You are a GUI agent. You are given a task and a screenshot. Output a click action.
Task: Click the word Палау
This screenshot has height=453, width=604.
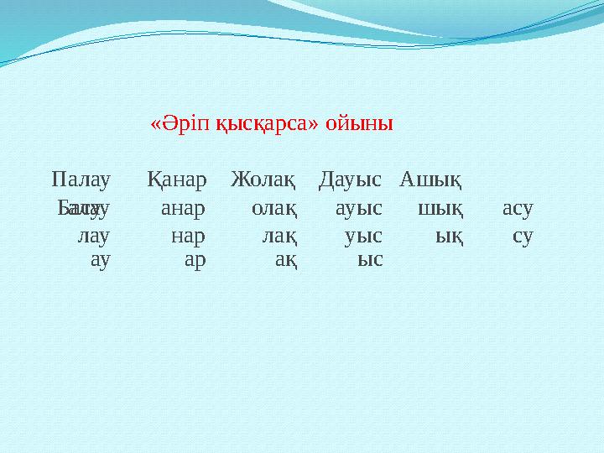coord(81,179)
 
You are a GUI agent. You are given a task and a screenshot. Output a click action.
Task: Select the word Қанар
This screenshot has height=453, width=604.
coord(176,179)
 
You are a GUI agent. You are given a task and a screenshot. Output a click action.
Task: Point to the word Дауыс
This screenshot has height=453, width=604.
coord(351,179)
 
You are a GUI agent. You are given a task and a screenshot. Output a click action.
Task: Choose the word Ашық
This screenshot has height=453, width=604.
coord(434,179)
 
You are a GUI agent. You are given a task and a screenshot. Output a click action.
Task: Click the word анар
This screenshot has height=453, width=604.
coord(184,208)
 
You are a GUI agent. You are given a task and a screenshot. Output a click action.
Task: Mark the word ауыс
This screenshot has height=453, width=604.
coord(359,208)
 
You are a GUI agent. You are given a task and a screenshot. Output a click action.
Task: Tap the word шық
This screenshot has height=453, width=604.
coord(445,208)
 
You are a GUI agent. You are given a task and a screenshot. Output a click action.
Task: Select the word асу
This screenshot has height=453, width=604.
coord(518,208)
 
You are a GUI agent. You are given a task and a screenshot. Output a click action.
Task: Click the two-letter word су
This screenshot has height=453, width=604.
coord(523,237)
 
